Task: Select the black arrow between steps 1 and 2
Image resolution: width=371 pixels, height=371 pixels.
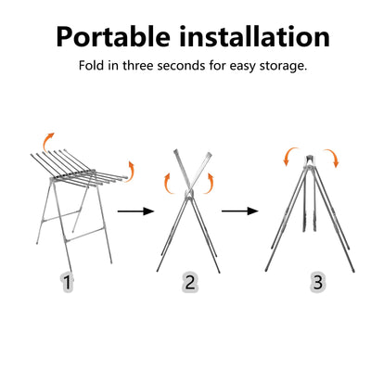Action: click(x=135, y=211)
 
